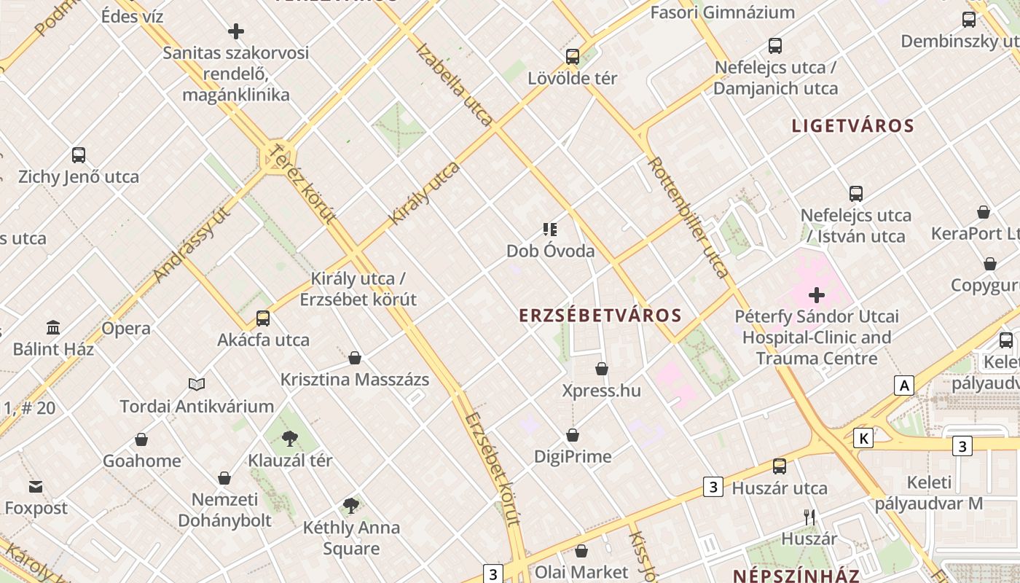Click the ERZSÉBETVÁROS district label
pos(600,316)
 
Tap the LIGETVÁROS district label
pos(852,125)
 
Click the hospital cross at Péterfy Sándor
pos(817,295)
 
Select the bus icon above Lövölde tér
pos(573,56)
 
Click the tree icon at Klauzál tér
pos(289,438)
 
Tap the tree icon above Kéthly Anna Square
pos(351,505)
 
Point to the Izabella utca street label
pos(455,84)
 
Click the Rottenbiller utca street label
pos(688,217)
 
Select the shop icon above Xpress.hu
pos(602,369)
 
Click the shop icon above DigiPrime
pos(573,435)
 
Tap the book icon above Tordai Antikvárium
pos(197,384)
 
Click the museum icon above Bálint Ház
pos(53,327)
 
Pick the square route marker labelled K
pos(863,438)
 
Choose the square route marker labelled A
pos(904,385)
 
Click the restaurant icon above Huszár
pos(809,517)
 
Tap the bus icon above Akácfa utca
pos(263,318)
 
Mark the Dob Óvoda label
pos(551,251)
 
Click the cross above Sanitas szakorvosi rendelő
pos(236,31)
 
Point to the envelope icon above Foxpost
pos(36,486)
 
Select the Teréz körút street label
pos(302,183)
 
